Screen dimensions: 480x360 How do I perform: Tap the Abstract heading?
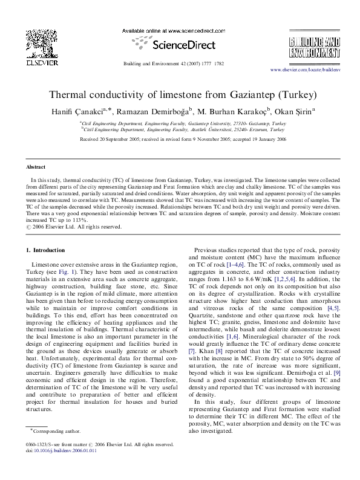tap(35, 166)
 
